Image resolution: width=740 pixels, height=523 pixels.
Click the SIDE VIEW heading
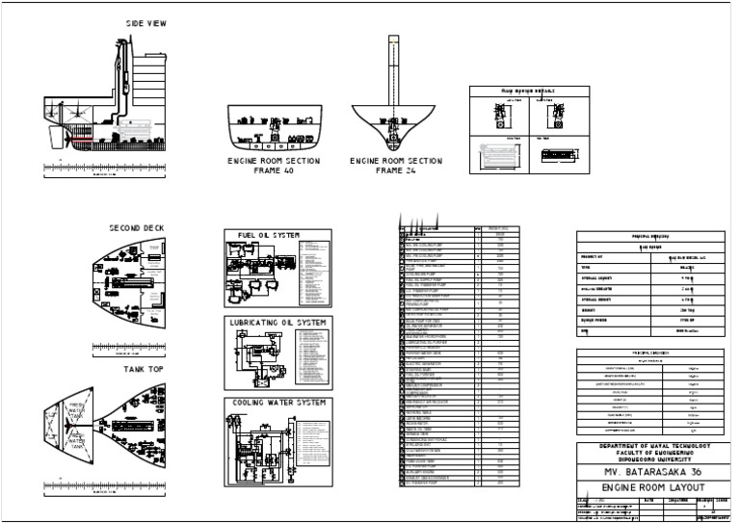pyautogui.click(x=145, y=23)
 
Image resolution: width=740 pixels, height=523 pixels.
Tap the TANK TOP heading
pyautogui.click(x=145, y=369)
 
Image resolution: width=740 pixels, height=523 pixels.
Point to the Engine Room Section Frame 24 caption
pyautogui.click(x=395, y=166)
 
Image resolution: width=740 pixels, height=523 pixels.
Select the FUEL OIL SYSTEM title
pyautogui.click(x=268, y=235)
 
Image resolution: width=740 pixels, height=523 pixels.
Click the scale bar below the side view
pyautogui.click(x=106, y=170)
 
